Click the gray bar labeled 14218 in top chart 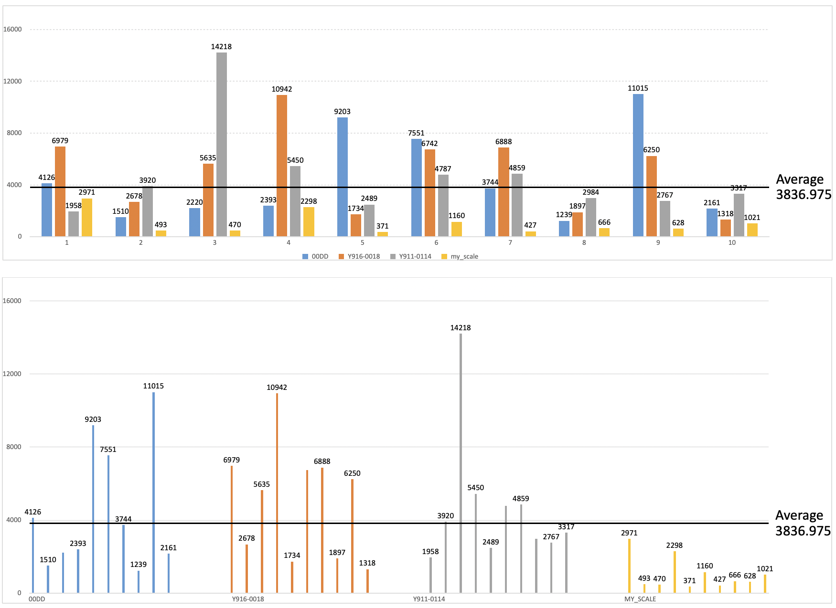pos(221,143)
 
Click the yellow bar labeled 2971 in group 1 pos(86,217)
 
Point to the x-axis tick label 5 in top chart pos(362,242)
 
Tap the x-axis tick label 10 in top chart pos(732,242)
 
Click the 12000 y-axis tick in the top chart pos(12,81)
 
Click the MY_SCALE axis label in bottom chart pos(640,599)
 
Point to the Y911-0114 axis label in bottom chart pos(429,599)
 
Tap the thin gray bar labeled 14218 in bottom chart pos(461,463)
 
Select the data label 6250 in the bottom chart pos(352,473)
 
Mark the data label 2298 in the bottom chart pos(674,545)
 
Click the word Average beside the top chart pos(800,179)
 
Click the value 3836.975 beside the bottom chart pos(803,531)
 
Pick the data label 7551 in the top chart pos(416,133)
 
